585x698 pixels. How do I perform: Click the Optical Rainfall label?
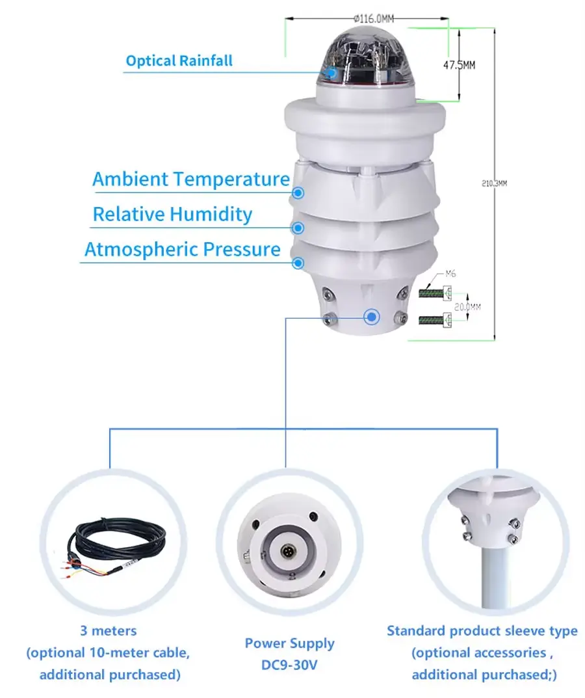[179, 61]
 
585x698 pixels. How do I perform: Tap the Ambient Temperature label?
[190, 179]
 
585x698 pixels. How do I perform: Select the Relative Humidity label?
[172, 214]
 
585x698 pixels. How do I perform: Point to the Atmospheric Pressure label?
[183, 249]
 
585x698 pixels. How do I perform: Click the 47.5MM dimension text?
[459, 65]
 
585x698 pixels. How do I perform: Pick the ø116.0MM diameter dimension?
[376, 20]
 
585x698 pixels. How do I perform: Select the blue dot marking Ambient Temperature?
[298, 193]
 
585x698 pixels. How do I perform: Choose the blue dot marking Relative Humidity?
[298, 228]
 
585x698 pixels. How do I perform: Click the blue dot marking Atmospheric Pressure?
[298, 263]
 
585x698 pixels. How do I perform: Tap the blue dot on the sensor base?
[372, 317]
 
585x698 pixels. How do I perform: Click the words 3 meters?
[109, 630]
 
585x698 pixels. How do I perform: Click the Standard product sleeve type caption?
[482, 630]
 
